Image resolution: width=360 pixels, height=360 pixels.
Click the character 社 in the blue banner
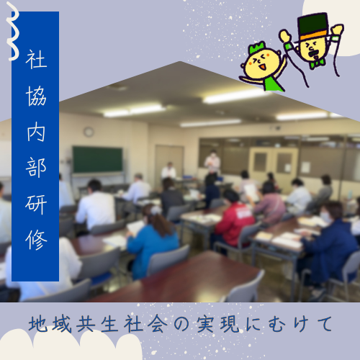(x=36, y=60)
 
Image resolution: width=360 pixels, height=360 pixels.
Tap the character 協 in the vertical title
(x=36, y=96)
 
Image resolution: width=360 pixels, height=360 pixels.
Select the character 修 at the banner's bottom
(x=36, y=240)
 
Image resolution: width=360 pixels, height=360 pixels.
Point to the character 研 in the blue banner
(x=36, y=204)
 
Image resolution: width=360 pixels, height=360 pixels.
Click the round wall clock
(x=89, y=132)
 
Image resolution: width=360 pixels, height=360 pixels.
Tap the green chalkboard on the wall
(x=97, y=160)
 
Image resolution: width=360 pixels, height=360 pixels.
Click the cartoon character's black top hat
(x=312, y=26)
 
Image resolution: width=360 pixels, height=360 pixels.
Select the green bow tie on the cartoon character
(x=317, y=63)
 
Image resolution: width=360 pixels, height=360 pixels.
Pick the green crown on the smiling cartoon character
(x=257, y=48)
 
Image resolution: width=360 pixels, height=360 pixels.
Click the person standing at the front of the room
(x=212, y=162)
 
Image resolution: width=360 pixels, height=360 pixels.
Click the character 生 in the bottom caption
(x=110, y=324)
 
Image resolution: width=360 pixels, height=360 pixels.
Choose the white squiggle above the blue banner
(x=13, y=31)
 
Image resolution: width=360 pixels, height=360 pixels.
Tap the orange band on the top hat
(x=313, y=35)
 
